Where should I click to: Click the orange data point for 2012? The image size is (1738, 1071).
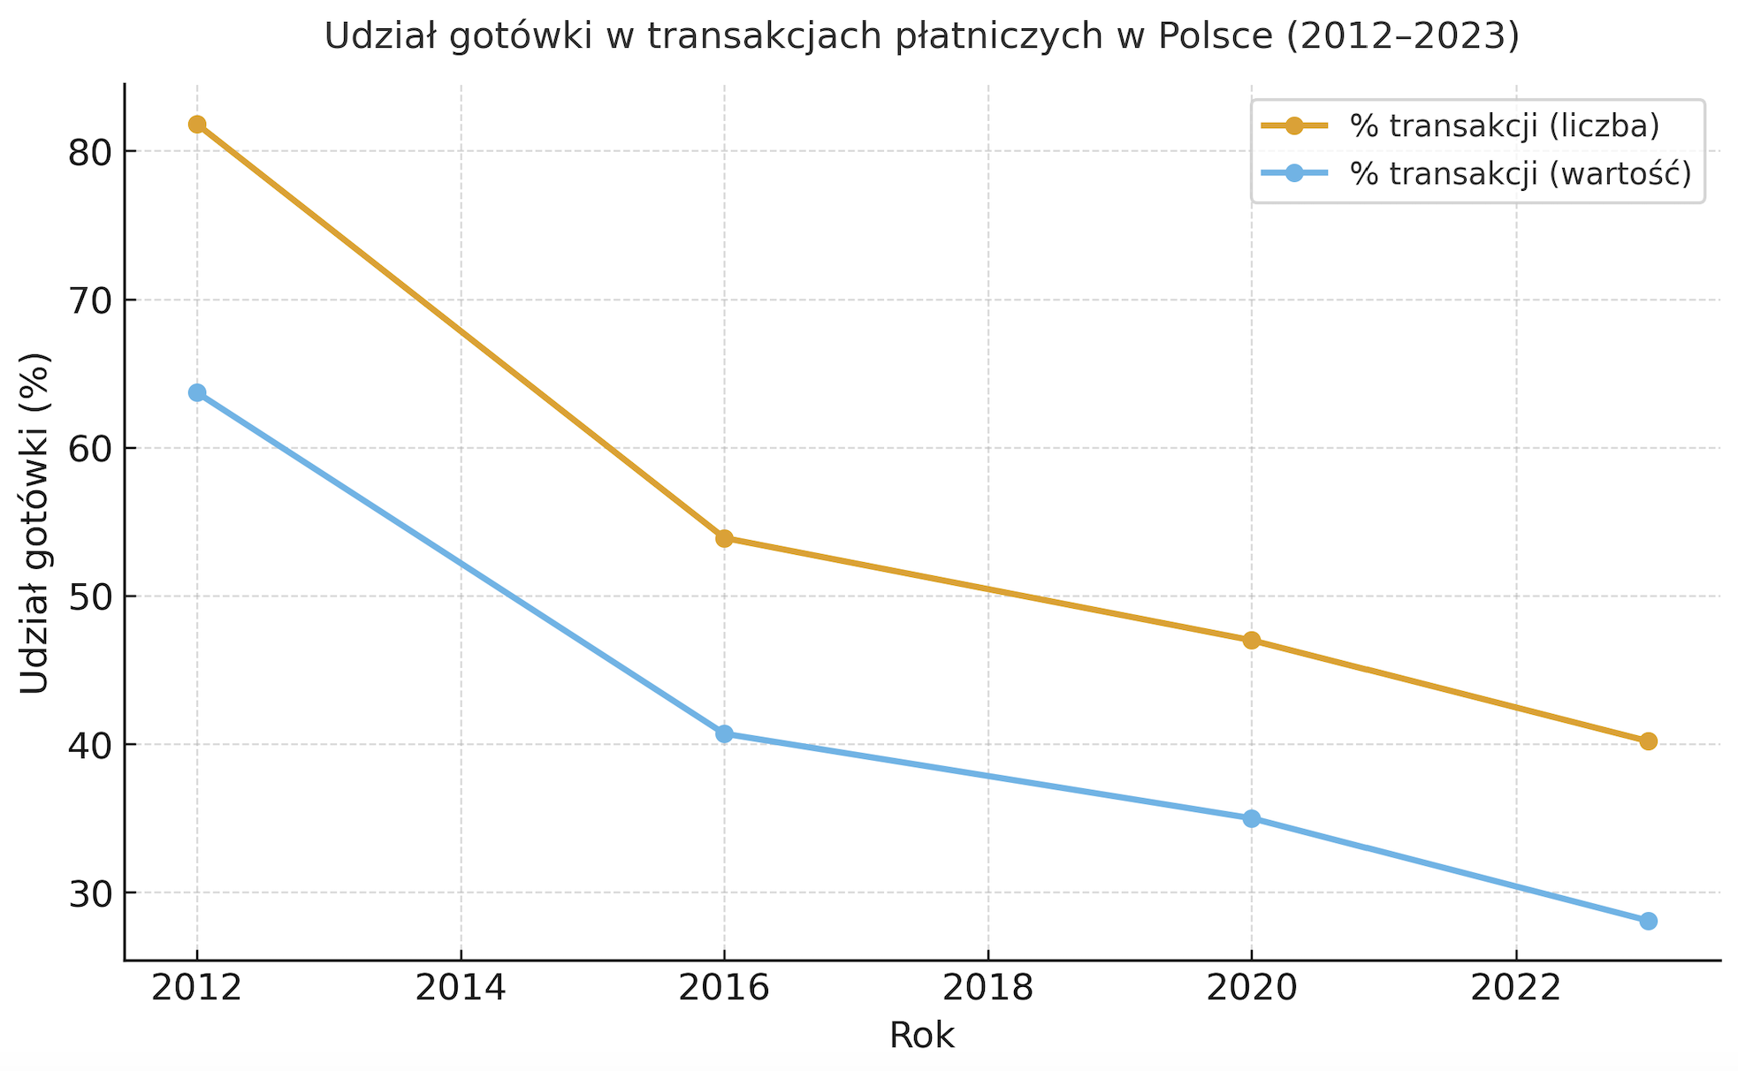(197, 125)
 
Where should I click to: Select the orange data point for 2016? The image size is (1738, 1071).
(724, 538)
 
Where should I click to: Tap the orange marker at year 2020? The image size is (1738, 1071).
(1251, 641)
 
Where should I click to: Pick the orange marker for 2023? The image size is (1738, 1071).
(1648, 741)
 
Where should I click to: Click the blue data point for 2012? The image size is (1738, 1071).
(197, 392)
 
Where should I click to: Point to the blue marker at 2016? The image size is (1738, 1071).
(724, 733)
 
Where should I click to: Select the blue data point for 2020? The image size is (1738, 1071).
(1251, 818)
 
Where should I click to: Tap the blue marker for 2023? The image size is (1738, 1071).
(1648, 921)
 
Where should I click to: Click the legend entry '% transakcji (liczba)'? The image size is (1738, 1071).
(1504, 126)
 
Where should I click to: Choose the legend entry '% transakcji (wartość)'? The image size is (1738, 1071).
(1520, 174)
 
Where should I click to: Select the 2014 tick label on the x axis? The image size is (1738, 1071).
(461, 988)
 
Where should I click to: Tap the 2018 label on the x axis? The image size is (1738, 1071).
(987, 988)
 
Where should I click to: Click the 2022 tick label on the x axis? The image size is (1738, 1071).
(1515, 988)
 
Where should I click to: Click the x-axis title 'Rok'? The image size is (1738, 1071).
(922, 1036)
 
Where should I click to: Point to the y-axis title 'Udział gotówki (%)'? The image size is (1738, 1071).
(35, 523)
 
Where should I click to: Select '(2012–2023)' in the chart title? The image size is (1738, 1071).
(1401, 36)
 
